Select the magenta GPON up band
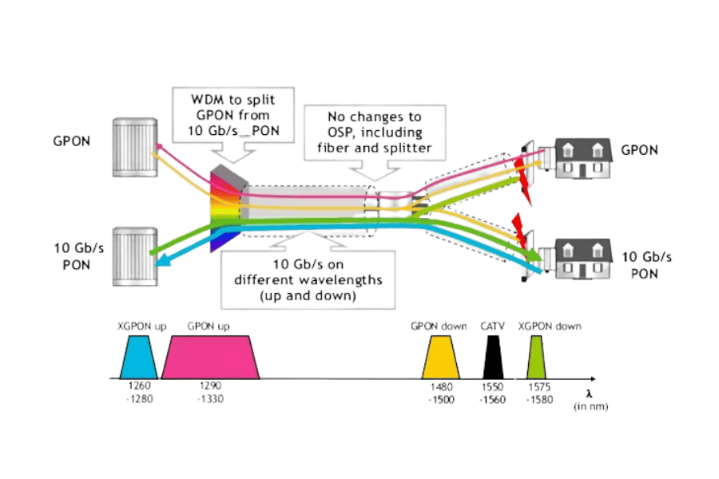[211, 357]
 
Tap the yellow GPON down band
[440, 357]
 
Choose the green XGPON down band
[537, 357]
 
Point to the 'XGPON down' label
[550, 327]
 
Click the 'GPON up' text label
[209, 327]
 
